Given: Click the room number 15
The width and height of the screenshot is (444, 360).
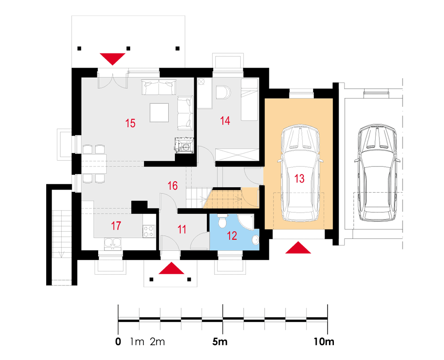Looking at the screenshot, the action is click(x=130, y=123).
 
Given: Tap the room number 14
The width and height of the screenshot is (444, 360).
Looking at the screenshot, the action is click(x=225, y=121).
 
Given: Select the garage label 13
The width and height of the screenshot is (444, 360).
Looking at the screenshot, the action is click(x=299, y=178).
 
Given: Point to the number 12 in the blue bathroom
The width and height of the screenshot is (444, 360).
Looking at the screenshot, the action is click(x=232, y=236).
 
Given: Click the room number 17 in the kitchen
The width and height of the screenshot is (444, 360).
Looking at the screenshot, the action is click(x=116, y=226).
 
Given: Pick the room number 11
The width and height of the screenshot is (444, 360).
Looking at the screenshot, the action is click(x=182, y=229).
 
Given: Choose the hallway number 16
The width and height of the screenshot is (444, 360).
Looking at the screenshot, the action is click(x=172, y=186).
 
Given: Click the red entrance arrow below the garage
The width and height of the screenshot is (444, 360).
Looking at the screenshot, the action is click(x=298, y=247).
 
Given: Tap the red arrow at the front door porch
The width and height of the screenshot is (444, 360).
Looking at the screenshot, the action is click(x=171, y=268).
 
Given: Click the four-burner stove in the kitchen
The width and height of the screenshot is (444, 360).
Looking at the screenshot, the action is click(x=149, y=231).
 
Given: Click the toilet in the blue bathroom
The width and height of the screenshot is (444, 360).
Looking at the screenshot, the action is click(x=222, y=221).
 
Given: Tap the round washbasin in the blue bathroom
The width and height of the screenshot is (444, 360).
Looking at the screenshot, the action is click(x=255, y=240).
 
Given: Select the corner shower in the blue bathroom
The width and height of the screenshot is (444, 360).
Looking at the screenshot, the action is click(x=245, y=222).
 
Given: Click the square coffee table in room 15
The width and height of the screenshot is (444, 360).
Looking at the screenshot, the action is click(x=159, y=113).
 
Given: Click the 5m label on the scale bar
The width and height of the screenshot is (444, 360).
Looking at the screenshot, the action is click(x=220, y=342).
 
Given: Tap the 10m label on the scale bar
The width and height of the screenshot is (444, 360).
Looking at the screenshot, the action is click(x=324, y=342).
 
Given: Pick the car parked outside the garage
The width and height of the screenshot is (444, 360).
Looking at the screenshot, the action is click(x=377, y=173).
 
